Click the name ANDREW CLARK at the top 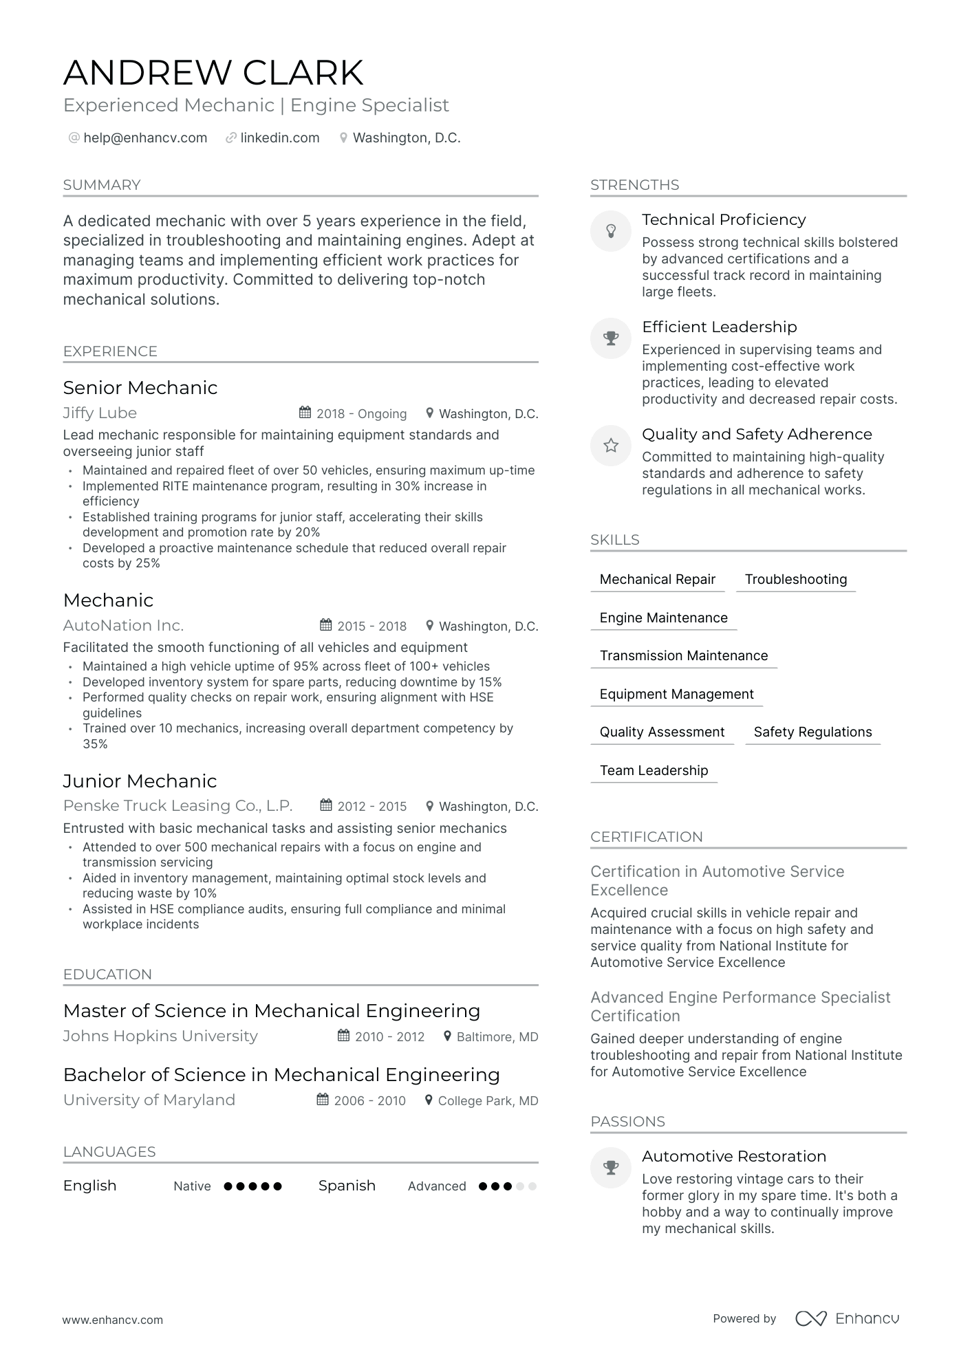(213, 73)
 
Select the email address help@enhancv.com (145, 138)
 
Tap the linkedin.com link (280, 138)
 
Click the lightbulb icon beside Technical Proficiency (610, 231)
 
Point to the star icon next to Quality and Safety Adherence (610, 446)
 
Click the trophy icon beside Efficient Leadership (610, 338)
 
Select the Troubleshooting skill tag (795, 579)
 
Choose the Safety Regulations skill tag (812, 732)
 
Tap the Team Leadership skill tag (654, 770)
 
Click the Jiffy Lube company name (100, 413)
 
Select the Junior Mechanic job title (140, 781)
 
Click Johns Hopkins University (160, 1036)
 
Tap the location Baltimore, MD (497, 1036)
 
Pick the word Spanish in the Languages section (347, 1186)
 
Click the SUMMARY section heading (102, 185)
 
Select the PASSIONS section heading (627, 1122)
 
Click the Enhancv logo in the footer (847, 1318)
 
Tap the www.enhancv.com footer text (113, 1320)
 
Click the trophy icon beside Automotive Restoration (610, 1168)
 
